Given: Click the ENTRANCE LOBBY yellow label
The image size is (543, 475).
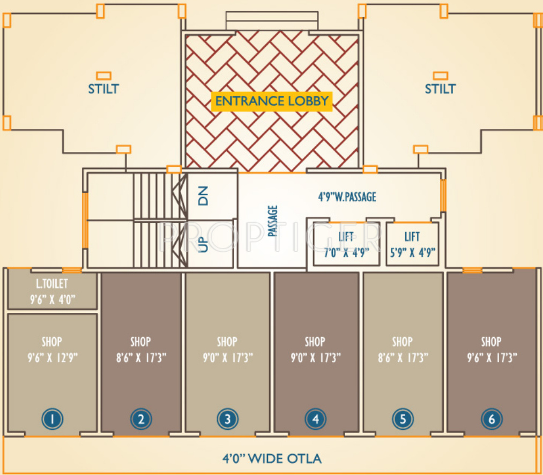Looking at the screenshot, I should [x=272, y=101].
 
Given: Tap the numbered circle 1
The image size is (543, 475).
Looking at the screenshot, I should [x=52, y=419].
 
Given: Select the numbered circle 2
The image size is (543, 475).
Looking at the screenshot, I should [x=140, y=419].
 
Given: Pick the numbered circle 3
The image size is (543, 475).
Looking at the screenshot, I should [x=227, y=419].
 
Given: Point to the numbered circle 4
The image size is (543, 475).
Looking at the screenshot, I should [x=315, y=419].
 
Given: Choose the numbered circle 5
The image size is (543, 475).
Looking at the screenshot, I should [x=402, y=419].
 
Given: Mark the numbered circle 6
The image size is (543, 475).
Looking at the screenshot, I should [x=491, y=419].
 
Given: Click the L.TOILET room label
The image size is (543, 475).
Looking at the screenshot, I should [x=52, y=283].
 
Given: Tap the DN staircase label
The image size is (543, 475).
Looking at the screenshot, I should [x=203, y=198].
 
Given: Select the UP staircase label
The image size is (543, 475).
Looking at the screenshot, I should [x=203, y=245].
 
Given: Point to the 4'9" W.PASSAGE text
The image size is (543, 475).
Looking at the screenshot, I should [x=347, y=197].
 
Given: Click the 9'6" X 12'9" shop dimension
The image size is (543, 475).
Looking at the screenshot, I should [x=52, y=358].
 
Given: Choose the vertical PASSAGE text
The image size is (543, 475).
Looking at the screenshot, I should [x=273, y=221].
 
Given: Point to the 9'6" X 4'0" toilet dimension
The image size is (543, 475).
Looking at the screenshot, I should [x=52, y=299].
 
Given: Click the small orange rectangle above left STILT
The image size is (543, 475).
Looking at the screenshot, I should [x=103, y=76].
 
